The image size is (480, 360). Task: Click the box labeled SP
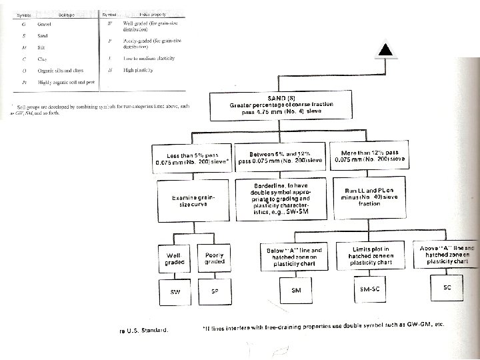click(x=215, y=291)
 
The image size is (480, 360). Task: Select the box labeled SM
click(x=296, y=290)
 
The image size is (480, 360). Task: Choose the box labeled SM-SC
click(x=370, y=289)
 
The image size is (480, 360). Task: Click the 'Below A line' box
click(x=295, y=255)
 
